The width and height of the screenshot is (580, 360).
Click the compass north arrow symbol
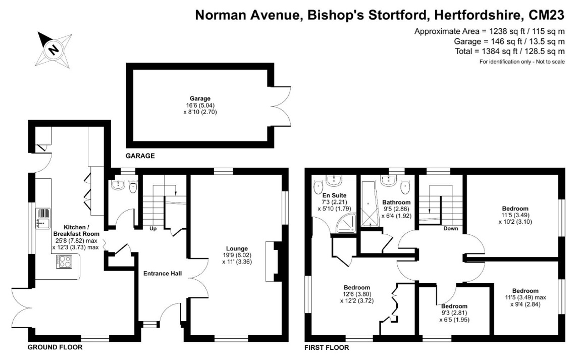52,49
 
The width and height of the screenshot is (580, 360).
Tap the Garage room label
200,98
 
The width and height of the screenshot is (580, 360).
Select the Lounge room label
237,248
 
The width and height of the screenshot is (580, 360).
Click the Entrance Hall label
162,274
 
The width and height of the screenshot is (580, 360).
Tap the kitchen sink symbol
42,218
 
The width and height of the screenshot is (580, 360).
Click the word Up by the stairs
152,229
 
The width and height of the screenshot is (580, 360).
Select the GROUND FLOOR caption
55,347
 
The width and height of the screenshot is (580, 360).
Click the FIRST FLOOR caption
327,347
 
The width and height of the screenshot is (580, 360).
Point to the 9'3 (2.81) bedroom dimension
454,313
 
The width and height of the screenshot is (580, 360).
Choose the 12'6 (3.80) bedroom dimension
358,294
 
